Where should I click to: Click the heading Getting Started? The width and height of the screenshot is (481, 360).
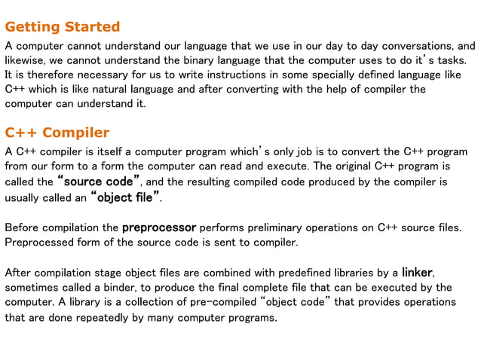point(63,27)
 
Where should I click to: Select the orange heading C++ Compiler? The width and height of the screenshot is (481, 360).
point(57,133)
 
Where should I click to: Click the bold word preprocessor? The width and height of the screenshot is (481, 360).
point(158,227)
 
